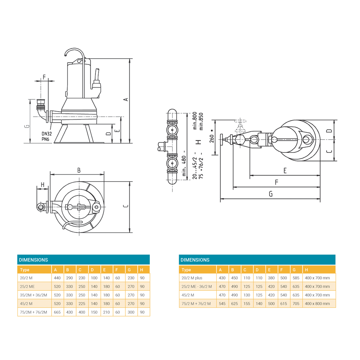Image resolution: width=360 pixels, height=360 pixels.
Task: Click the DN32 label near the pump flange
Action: (47, 134)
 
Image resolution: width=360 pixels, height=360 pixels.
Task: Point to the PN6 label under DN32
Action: (45, 139)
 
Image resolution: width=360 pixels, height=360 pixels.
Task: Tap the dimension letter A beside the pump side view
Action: (126, 99)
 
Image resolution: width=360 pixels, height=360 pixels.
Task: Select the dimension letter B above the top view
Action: (79, 170)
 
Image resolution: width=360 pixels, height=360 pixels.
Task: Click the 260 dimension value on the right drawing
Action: (212, 139)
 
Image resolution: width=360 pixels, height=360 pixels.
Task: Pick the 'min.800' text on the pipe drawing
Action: (195, 121)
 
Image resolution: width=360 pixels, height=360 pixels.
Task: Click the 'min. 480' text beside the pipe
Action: (184, 166)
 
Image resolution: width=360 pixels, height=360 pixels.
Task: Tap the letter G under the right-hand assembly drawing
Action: (271, 194)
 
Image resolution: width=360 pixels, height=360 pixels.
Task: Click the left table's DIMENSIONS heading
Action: (33, 260)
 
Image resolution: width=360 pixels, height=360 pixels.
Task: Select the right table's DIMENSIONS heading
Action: (195, 260)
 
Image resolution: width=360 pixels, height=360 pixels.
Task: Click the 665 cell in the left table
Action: (57, 312)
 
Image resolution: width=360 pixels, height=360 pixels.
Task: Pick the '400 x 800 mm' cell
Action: (317, 304)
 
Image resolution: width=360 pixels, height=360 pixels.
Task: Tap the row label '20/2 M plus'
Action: (192, 278)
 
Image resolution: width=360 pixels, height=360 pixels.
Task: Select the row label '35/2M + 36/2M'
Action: (33, 295)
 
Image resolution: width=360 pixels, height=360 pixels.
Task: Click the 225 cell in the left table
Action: (82, 304)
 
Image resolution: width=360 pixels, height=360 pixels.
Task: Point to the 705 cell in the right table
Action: (296, 304)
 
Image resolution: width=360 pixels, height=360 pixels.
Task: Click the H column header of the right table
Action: (306, 270)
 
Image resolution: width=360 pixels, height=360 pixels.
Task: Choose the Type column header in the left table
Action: (25, 270)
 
